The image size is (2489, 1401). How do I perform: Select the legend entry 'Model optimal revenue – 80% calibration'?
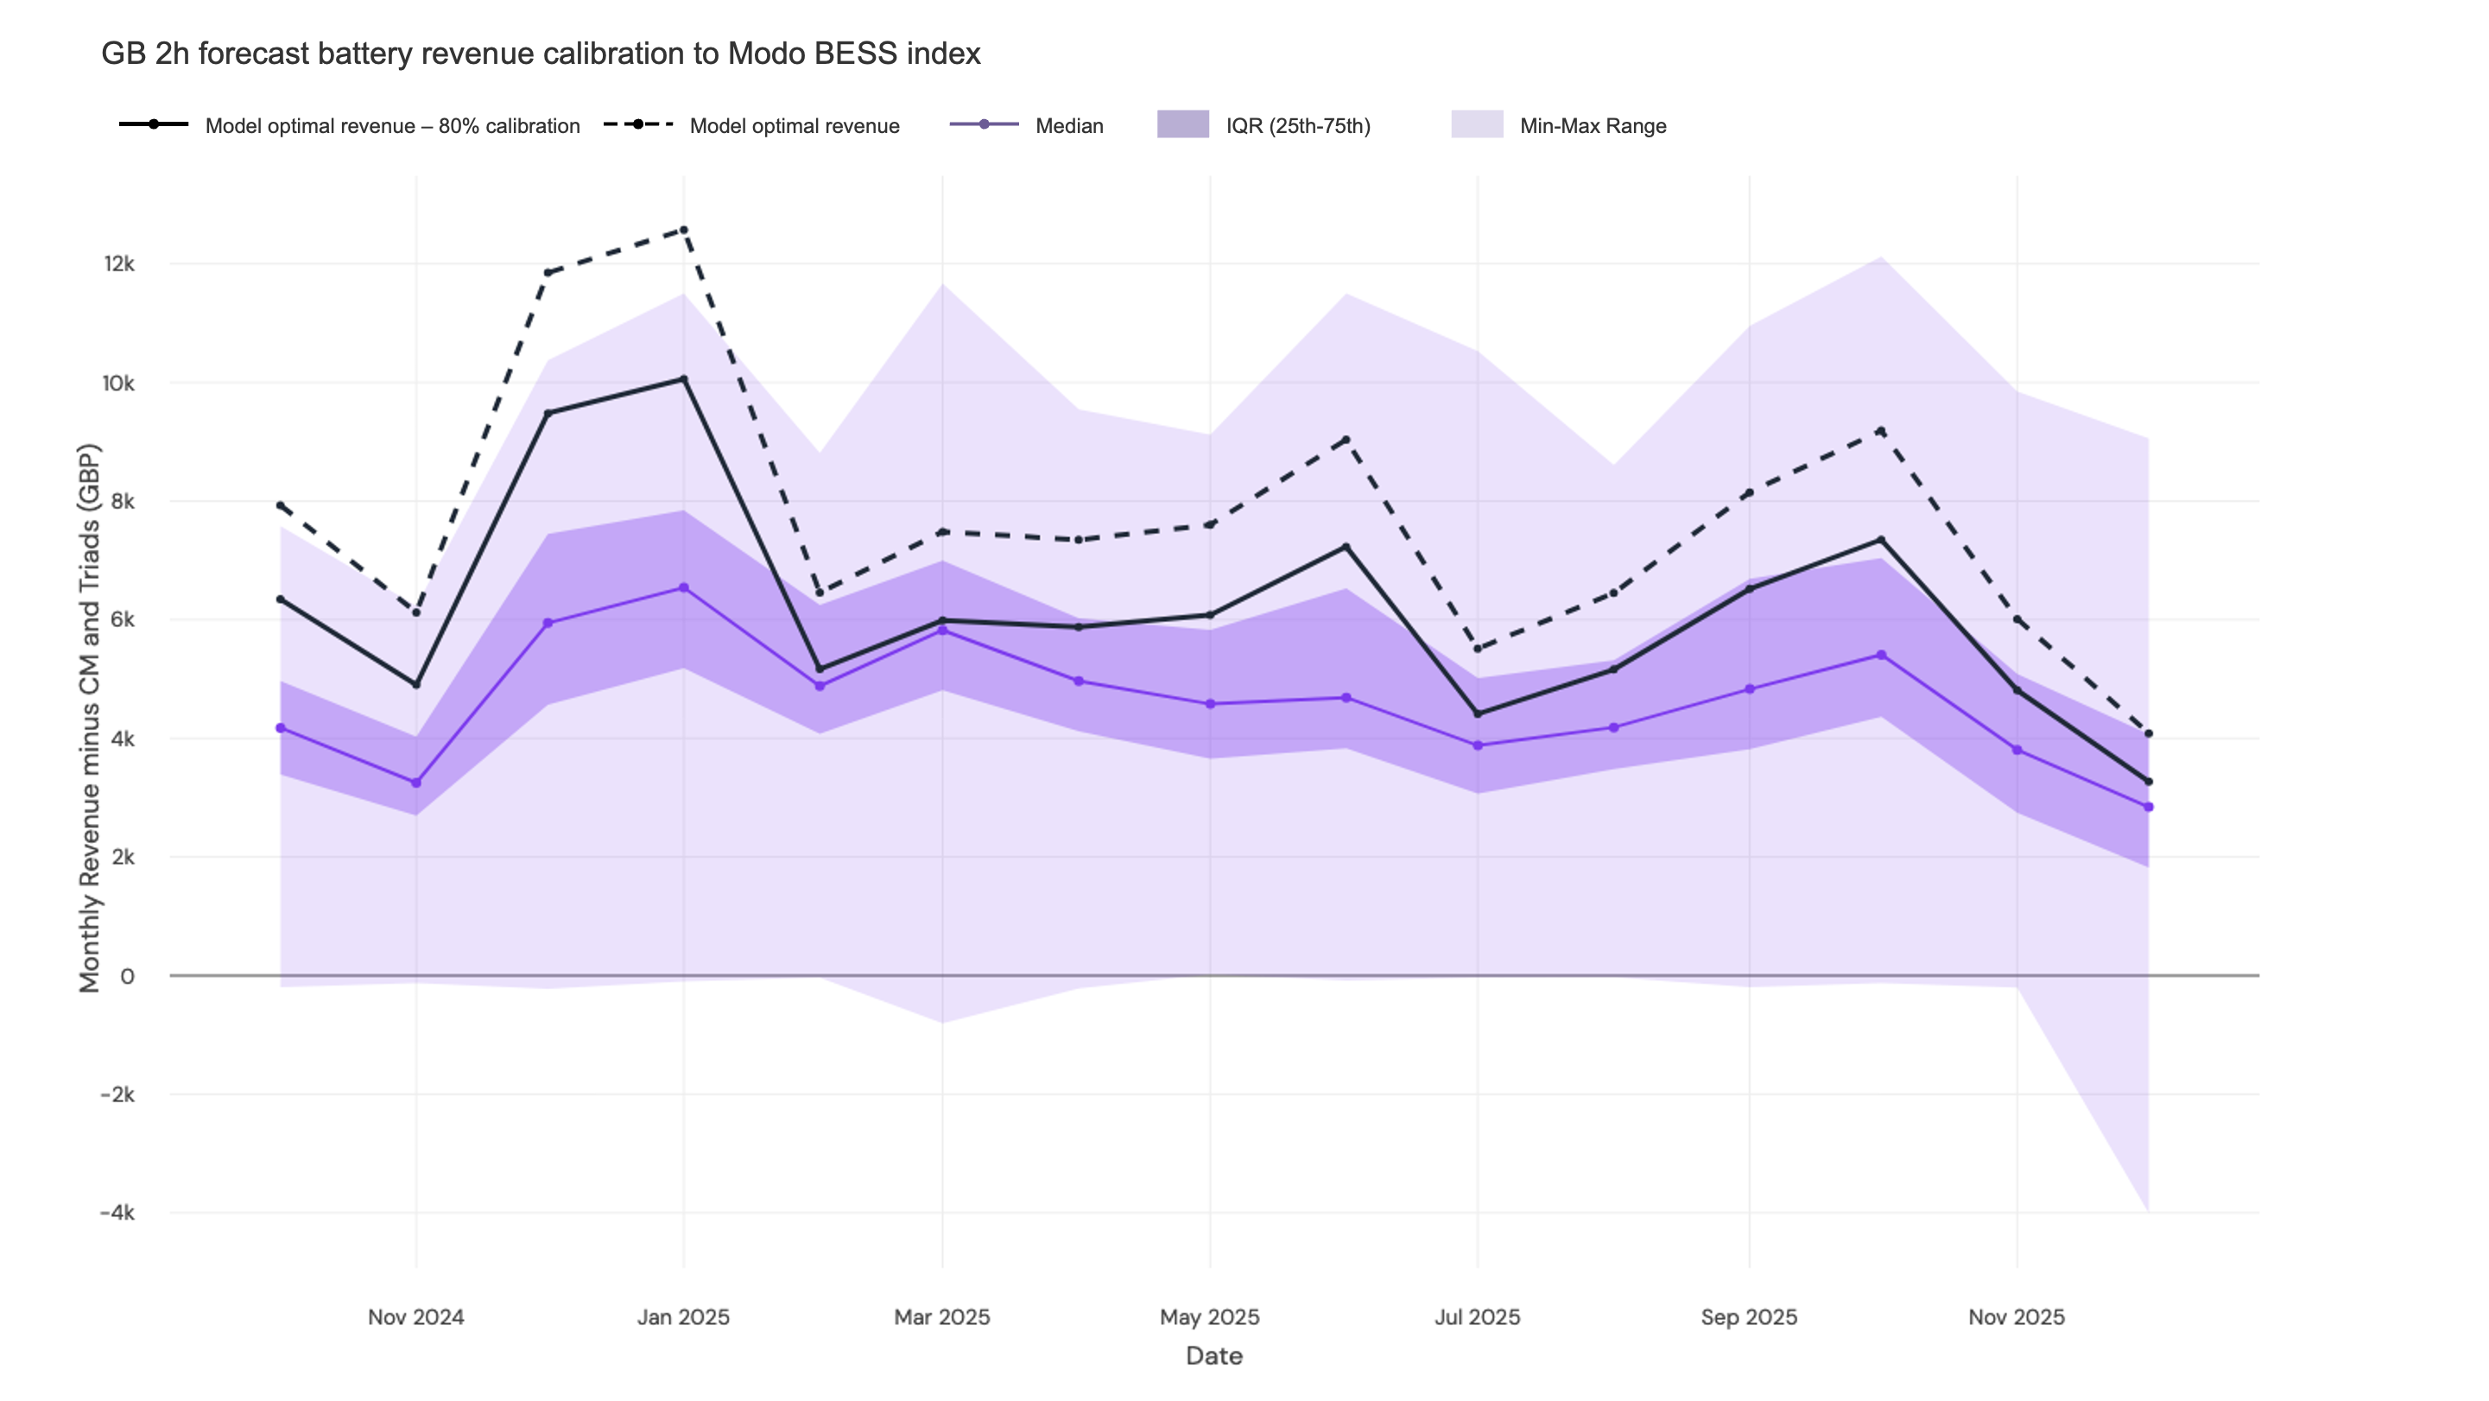point(391,125)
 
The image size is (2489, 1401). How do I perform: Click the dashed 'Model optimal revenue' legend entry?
point(794,125)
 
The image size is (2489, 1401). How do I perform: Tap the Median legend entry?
point(1067,125)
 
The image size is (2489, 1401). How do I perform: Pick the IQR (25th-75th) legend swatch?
point(1182,124)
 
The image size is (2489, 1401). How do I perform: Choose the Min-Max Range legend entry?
point(1592,125)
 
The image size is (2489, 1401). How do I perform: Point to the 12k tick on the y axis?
point(119,263)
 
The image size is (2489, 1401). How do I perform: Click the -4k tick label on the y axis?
point(117,1213)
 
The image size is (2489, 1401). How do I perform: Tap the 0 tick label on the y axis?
point(127,976)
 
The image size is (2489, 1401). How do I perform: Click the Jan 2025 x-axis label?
point(683,1317)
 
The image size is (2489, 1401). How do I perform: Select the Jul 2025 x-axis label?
point(1477,1317)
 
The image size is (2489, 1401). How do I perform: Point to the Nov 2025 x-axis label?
point(2016,1317)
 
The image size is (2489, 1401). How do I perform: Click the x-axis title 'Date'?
point(1213,1355)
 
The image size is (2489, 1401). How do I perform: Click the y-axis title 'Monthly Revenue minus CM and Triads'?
point(89,718)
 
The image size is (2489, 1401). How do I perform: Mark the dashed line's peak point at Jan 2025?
point(684,230)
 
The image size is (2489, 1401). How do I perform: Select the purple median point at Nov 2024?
point(416,783)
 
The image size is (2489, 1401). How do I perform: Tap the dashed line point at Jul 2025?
point(1478,649)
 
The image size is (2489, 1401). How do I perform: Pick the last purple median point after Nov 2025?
point(2148,807)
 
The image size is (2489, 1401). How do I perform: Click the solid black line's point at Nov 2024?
point(416,684)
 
